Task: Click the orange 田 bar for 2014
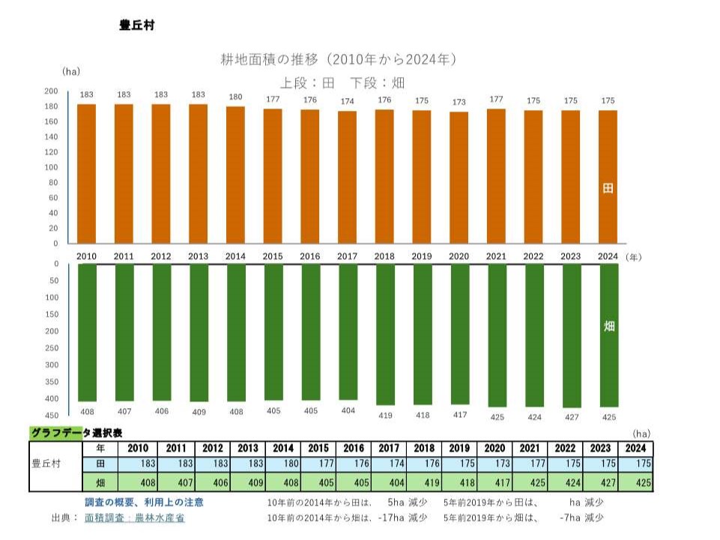[x=236, y=175]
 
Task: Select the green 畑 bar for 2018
[x=385, y=334]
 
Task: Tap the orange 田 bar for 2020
[x=459, y=178]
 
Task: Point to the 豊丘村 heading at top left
[x=136, y=25]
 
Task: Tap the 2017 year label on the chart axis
[x=347, y=256]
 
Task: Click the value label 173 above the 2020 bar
[x=459, y=102]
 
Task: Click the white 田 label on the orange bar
[x=608, y=188]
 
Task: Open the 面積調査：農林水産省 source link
[x=134, y=518]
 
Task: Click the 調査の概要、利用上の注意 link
[x=143, y=502]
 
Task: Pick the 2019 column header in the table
[x=459, y=448]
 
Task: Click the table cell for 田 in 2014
[x=282, y=464]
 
